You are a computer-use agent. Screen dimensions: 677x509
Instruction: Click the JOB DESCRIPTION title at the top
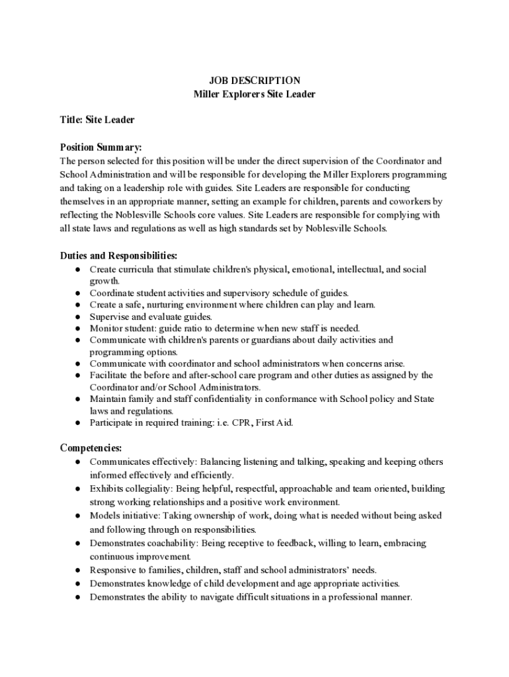point(255,81)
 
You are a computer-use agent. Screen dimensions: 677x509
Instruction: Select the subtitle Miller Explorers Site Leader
point(255,95)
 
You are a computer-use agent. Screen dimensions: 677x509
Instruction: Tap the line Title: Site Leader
point(97,120)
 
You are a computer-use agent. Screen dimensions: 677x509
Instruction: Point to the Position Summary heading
point(101,147)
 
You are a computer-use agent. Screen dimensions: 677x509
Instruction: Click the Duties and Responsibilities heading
point(119,255)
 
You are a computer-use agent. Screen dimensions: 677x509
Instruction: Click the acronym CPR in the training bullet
point(233,422)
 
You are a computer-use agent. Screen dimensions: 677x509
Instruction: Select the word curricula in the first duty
point(137,270)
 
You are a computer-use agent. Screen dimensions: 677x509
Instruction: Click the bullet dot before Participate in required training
point(77,423)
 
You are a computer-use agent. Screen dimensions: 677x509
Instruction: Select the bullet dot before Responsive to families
point(77,571)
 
